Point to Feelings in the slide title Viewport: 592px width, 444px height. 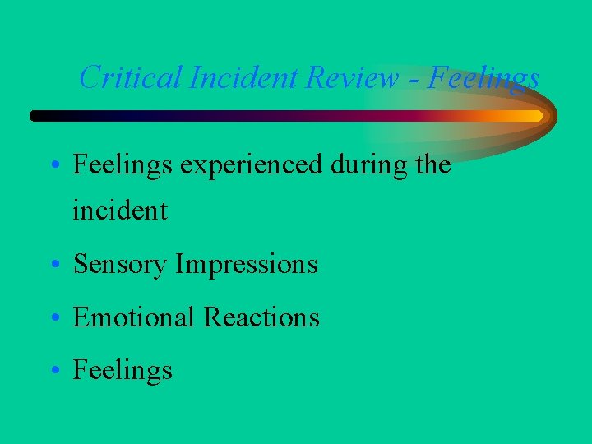tap(485, 78)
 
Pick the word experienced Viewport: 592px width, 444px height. tap(251, 165)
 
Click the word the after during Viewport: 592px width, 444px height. tap(433, 164)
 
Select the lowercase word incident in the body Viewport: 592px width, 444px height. tap(120, 211)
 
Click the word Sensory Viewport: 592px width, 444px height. tap(121, 265)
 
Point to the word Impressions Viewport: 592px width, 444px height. tap(247, 265)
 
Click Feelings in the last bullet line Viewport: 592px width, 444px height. tap(123, 371)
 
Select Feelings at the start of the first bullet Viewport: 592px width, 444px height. tap(123, 165)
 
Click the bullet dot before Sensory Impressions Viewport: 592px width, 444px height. tap(53, 266)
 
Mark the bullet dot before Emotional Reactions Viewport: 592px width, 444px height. tap(53, 318)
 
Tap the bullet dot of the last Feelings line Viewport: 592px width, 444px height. tap(53, 371)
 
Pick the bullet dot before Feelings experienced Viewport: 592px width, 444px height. tap(53, 166)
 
